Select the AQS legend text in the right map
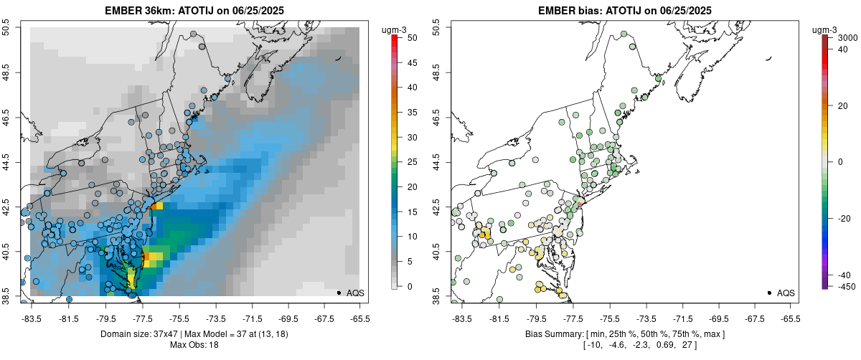click(786, 293)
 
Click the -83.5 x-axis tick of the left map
click(32, 317)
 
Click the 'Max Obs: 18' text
click(194, 345)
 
